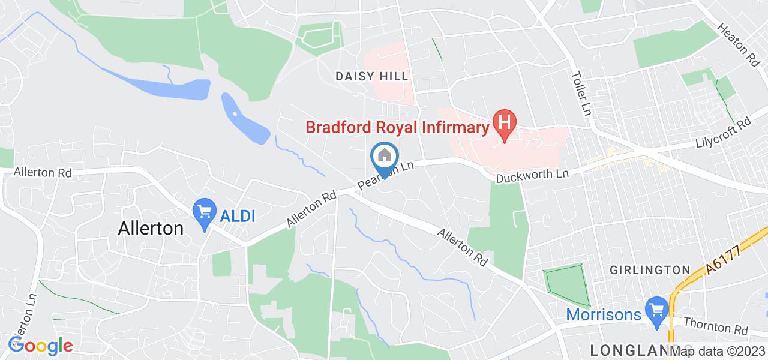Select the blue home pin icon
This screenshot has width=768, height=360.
click(x=384, y=157)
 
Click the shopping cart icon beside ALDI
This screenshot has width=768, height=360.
click(x=205, y=212)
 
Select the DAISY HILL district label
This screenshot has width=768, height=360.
click(x=371, y=76)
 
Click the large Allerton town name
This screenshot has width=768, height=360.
click(x=151, y=228)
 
